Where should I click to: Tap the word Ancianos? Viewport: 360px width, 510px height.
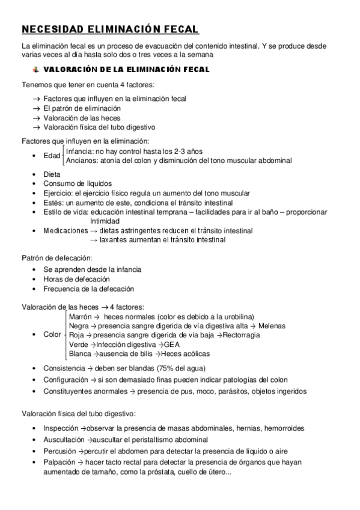tap(82, 161)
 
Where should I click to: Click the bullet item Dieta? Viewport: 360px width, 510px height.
tap(52, 174)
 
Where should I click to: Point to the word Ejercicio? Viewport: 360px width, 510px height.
tap(59, 193)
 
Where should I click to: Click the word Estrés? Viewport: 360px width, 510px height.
tap(53, 203)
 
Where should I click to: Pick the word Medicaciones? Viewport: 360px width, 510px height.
tap(66, 230)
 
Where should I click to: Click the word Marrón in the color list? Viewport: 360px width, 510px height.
tap(81, 316)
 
